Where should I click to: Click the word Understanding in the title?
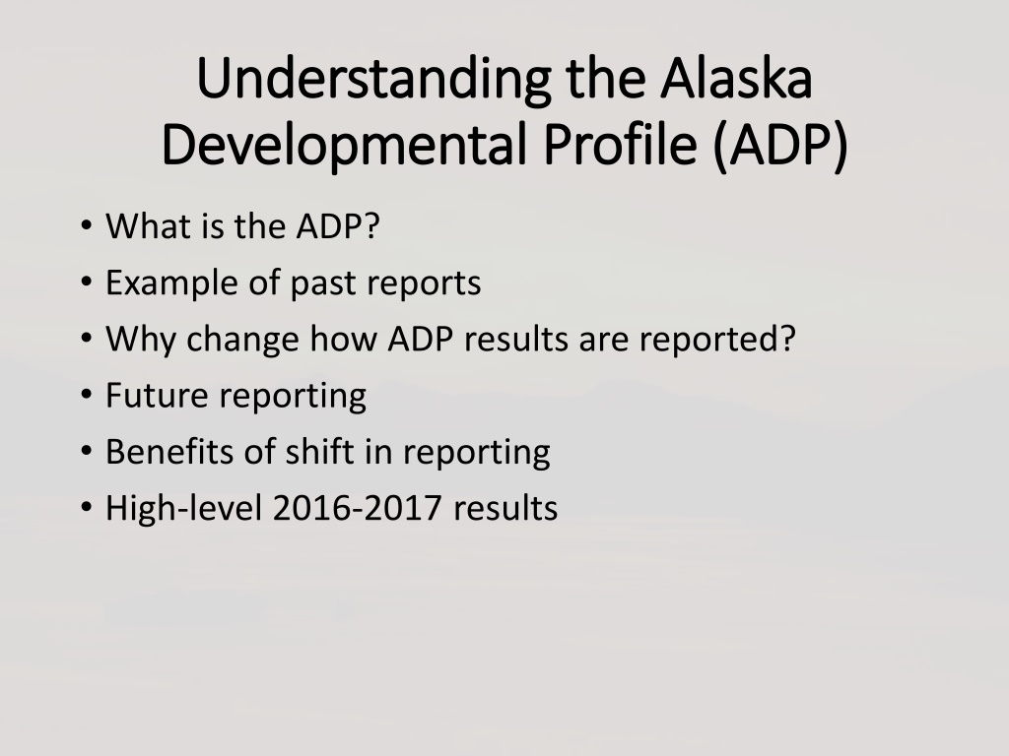pos(373,80)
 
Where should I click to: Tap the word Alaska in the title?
pos(736,78)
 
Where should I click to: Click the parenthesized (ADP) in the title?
pos(780,147)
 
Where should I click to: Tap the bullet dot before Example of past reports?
pos(87,283)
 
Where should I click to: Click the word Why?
pos(140,340)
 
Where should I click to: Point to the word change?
pos(242,340)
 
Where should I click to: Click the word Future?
pos(157,396)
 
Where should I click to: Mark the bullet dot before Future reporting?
pos(87,395)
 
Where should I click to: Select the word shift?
pos(320,451)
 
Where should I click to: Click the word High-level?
pos(184,509)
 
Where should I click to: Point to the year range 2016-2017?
pos(357,508)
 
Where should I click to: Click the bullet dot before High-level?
pos(87,507)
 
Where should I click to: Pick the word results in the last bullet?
pos(505,508)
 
